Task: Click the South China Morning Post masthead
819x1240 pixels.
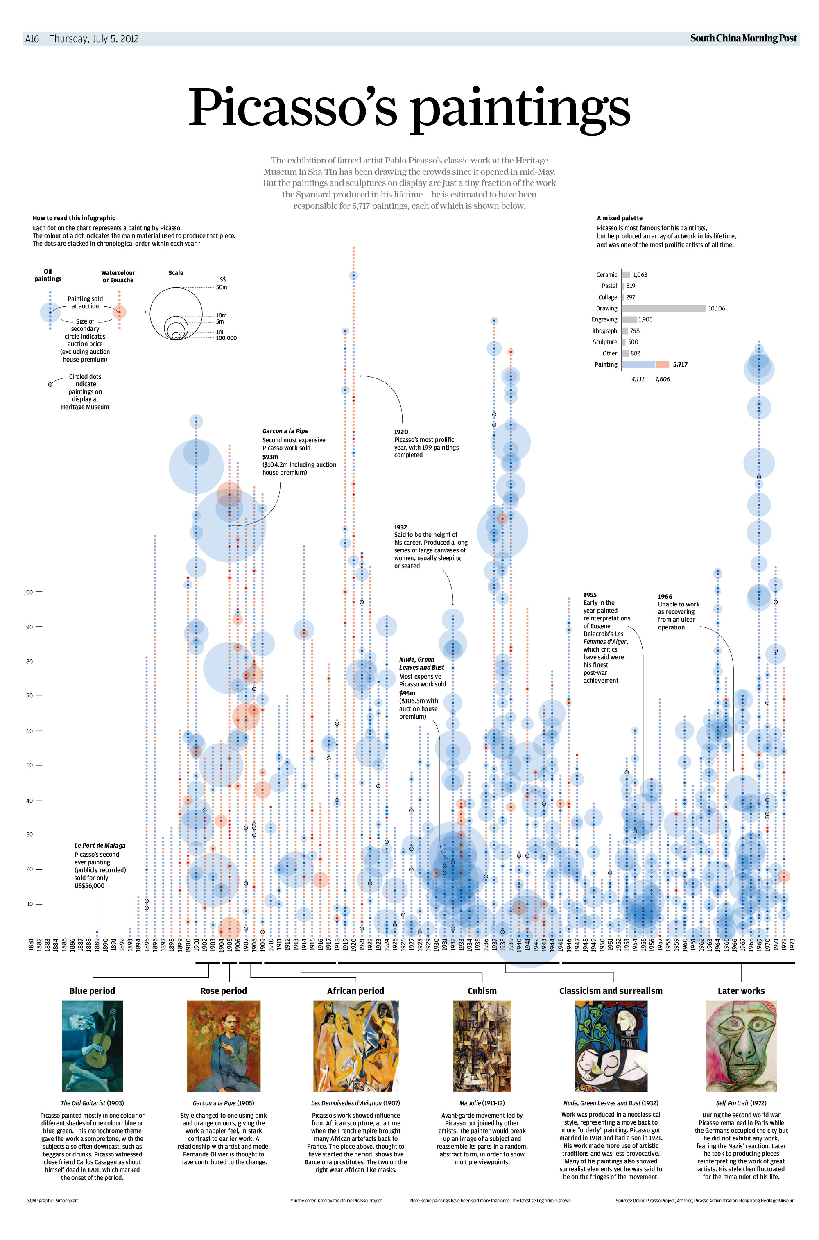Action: (x=743, y=38)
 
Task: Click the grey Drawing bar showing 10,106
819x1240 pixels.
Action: (x=663, y=309)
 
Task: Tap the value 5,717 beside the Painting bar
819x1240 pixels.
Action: (x=680, y=364)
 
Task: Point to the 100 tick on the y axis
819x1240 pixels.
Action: (x=28, y=592)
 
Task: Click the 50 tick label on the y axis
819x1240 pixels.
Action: (x=30, y=765)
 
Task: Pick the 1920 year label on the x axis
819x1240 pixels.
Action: (x=354, y=944)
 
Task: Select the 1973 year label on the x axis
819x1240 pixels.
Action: (x=792, y=944)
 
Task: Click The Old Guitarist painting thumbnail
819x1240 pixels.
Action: (x=93, y=1046)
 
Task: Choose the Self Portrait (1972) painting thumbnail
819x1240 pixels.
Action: (x=741, y=1046)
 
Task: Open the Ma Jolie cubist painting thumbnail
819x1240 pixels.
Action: (x=482, y=1046)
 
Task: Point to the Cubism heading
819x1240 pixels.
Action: (x=482, y=991)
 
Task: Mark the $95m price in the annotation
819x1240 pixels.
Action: (x=407, y=693)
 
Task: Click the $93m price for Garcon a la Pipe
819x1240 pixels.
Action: (x=270, y=457)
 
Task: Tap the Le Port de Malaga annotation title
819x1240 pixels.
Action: (x=100, y=846)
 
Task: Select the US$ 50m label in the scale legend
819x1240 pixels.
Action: (x=222, y=283)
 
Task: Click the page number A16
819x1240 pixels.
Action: (x=32, y=38)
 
